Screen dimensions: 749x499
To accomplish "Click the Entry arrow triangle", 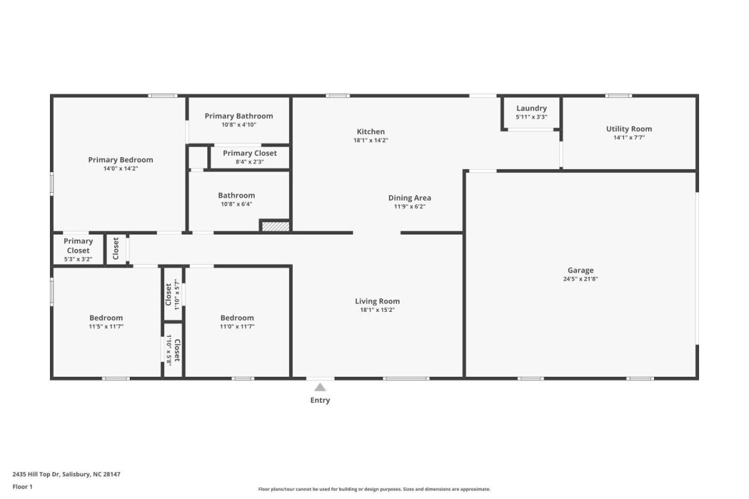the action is pyautogui.click(x=320, y=387).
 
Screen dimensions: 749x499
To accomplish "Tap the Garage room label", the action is pyautogui.click(x=580, y=270).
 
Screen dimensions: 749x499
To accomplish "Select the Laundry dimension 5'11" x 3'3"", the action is pyautogui.click(x=531, y=117).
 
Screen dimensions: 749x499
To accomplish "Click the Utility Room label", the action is pyautogui.click(x=629, y=128).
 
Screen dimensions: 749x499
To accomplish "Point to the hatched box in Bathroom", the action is pyautogui.click(x=275, y=226).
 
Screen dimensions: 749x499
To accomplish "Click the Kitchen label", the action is pyautogui.click(x=371, y=132).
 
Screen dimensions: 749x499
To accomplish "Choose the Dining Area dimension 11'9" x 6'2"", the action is pyautogui.click(x=409, y=206).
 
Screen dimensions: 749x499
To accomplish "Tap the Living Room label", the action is pyautogui.click(x=377, y=301).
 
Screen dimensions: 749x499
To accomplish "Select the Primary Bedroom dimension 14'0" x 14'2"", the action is pyautogui.click(x=120, y=168).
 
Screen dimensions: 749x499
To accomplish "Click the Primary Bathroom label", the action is pyautogui.click(x=238, y=116).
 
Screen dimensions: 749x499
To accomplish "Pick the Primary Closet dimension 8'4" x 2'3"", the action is pyautogui.click(x=250, y=162).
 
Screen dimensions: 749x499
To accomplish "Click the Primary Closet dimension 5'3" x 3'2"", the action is pyautogui.click(x=78, y=259).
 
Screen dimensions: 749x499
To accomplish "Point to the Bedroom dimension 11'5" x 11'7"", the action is pyautogui.click(x=106, y=327).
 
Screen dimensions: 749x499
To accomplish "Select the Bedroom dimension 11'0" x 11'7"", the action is pyautogui.click(x=237, y=327).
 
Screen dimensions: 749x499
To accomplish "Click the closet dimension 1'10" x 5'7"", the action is pyautogui.click(x=177, y=294).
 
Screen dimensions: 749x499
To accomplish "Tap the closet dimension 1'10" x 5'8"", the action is pyautogui.click(x=169, y=350).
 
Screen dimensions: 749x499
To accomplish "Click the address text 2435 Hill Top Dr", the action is pyautogui.click(x=36, y=474).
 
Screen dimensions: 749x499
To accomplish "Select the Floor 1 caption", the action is pyautogui.click(x=22, y=487).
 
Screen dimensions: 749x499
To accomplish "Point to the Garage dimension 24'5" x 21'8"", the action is pyautogui.click(x=580, y=279).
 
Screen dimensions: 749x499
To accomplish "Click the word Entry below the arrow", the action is pyautogui.click(x=320, y=400).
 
